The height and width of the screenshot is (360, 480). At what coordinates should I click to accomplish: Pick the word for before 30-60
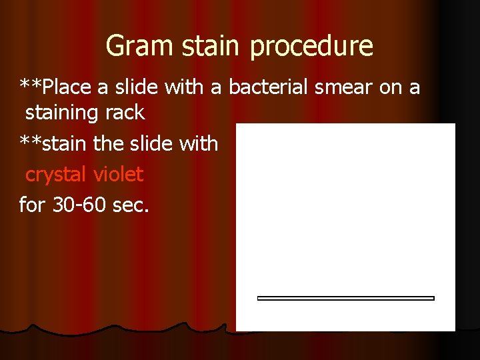click(30, 205)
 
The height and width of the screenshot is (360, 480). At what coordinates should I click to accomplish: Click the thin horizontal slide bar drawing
click(345, 298)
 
